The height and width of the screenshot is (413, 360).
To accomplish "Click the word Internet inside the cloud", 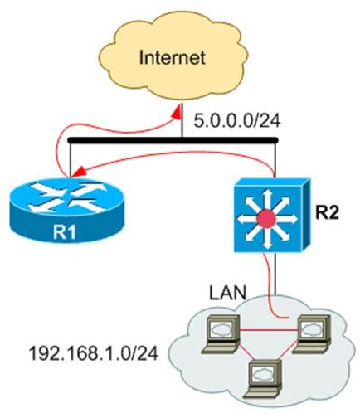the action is (x=172, y=57).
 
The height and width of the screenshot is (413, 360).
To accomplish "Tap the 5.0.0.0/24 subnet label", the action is (x=237, y=121).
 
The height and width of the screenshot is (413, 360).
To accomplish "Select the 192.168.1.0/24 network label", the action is (x=94, y=353).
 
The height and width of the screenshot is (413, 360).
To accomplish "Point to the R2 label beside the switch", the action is (x=327, y=212).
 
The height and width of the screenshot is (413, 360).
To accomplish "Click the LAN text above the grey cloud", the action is (x=227, y=293).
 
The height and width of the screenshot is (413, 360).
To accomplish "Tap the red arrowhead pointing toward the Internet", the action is (x=177, y=113).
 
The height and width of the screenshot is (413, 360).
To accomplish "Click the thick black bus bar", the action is (x=173, y=140).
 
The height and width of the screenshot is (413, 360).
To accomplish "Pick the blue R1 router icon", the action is (x=66, y=210).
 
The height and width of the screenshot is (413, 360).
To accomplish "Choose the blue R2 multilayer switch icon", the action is (x=271, y=215).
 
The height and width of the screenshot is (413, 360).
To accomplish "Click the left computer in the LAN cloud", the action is (x=221, y=333).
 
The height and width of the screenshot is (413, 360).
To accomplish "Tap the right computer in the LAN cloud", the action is (x=312, y=333).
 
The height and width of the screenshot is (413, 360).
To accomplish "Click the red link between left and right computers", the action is (x=269, y=330).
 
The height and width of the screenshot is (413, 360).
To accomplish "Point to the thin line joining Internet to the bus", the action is (x=182, y=120).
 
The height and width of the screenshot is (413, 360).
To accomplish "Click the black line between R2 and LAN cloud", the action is (x=275, y=274).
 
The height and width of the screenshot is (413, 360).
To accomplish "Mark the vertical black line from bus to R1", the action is (x=71, y=161).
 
